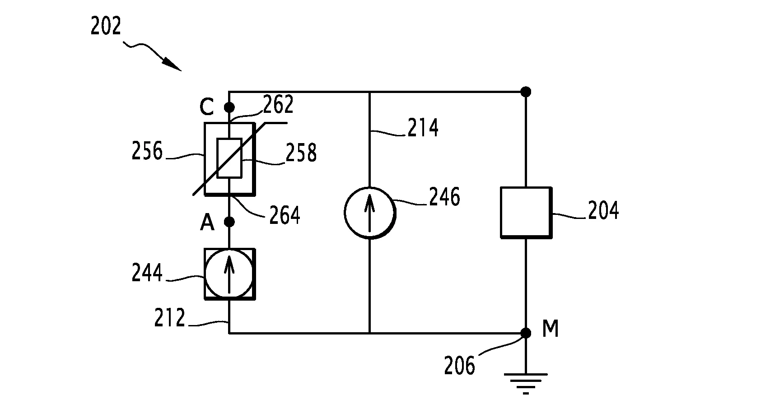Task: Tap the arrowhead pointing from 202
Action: tap(173, 65)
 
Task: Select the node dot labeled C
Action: tap(229, 107)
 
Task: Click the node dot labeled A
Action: tap(229, 222)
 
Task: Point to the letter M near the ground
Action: tap(550, 329)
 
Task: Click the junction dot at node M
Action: tap(525, 333)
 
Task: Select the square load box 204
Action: tap(526, 212)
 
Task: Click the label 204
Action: tap(603, 211)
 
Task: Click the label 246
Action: tap(444, 197)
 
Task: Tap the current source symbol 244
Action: tap(229, 274)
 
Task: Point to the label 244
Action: tap(147, 273)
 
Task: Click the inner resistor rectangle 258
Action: tap(229, 158)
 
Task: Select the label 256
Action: tap(147, 151)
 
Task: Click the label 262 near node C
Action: tap(278, 105)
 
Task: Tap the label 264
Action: tap(285, 215)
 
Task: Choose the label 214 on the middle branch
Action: tap(423, 128)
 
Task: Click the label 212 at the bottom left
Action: tap(169, 318)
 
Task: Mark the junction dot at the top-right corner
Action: tap(525, 92)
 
